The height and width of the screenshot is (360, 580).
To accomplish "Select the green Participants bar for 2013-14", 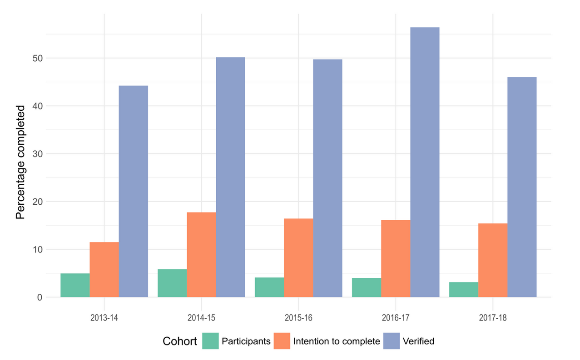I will pyautogui.click(x=75, y=286).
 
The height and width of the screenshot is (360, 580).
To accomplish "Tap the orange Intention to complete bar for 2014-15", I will pyautogui.click(x=201, y=255).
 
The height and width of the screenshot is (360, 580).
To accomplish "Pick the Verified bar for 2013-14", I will pyautogui.click(x=133, y=191).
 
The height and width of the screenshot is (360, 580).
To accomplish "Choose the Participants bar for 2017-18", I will pyautogui.click(x=464, y=290).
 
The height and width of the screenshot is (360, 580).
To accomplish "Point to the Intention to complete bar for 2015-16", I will pyautogui.click(x=298, y=258).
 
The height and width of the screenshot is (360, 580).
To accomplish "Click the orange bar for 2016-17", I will pyautogui.click(x=396, y=259).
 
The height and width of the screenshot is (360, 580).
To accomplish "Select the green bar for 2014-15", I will pyautogui.click(x=172, y=283).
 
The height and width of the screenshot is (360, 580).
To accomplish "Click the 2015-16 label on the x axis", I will pyautogui.click(x=298, y=318).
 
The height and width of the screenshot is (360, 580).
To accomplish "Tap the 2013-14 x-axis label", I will pyautogui.click(x=104, y=318).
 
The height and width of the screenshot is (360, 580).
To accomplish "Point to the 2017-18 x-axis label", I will pyautogui.click(x=493, y=318).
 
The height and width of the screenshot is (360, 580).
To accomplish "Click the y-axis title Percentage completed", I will pyautogui.click(x=20, y=162).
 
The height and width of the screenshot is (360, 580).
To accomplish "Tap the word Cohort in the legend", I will pyautogui.click(x=180, y=341).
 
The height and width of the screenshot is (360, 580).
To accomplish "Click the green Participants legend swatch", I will pyautogui.click(x=210, y=341).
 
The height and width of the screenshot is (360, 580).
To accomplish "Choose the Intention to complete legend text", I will pyautogui.click(x=337, y=341).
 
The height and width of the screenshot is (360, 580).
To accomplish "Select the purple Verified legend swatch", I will pyautogui.click(x=392, y=341).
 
